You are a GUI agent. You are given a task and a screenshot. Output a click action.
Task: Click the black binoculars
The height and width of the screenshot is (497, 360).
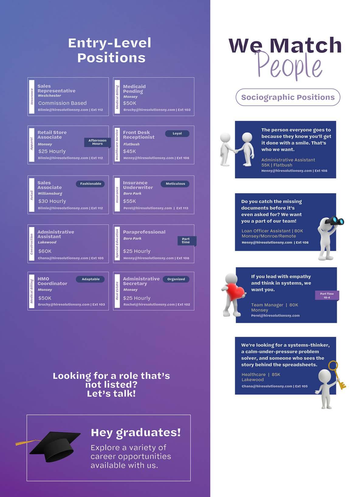tap(335, 221)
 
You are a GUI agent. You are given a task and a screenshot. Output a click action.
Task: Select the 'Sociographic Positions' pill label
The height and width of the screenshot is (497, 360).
tap(288, 97)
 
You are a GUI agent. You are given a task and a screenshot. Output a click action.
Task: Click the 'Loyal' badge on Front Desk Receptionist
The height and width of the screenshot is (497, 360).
tap(177, 133)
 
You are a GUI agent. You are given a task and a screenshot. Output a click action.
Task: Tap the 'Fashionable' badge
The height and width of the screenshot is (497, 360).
tap(91, 184)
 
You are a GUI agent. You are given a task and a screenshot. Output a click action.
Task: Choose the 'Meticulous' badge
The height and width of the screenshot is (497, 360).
tap(175, 184)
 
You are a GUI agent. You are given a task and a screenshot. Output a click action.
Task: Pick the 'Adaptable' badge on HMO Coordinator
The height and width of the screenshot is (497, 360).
tap(91, 279)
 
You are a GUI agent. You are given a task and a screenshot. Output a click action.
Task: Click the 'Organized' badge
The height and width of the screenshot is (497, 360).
tap(176, 279)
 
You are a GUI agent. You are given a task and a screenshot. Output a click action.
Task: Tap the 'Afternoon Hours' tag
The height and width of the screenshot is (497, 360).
tap(97, 142)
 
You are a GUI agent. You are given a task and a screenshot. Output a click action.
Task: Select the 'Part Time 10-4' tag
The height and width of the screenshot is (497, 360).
tap(327, 295)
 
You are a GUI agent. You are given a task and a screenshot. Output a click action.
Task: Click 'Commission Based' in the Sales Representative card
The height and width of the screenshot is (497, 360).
tap(62, 103)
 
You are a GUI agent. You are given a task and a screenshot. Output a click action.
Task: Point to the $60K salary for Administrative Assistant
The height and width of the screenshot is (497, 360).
tap(45, 251)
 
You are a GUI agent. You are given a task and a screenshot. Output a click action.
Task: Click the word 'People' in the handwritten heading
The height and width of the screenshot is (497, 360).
tap(289, 65)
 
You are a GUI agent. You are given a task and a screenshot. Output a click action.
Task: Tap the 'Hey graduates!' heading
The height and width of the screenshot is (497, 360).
tap(136, 432)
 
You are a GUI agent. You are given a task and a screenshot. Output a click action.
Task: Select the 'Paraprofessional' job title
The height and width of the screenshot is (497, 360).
tap(144, 232)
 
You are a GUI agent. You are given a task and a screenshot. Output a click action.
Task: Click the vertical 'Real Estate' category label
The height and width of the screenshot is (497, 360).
tap(117, 291)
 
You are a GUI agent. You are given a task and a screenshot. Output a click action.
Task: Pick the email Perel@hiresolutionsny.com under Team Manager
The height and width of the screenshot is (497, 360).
tap(275, 316)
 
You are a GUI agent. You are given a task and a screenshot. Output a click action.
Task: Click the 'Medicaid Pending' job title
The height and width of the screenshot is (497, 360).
tap(134, 89)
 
